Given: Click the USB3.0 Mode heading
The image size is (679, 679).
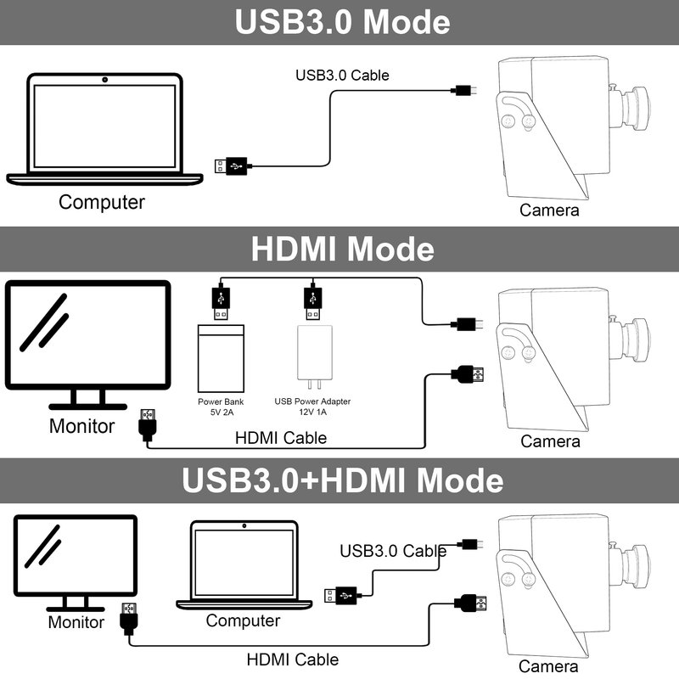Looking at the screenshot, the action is click(x=342, y=22).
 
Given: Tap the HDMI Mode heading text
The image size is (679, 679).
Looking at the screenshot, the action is click(x=342, y=249).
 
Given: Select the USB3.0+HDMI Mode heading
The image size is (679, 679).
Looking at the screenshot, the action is click(x=342, y=480).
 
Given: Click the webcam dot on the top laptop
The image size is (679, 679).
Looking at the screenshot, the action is click(x=104, y=80).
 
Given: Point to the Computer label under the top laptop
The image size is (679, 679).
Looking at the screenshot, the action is click(x=102, y=202).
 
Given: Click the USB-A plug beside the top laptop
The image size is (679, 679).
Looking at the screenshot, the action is click(x=231, y=166).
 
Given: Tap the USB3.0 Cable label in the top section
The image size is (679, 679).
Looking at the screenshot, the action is click(x=342, y=76).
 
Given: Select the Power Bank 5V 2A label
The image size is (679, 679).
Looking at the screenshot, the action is click(x=221, y=407).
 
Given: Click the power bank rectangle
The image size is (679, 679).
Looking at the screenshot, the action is click(x=221, y=358).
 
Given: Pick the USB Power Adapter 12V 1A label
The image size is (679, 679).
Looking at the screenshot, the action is click(x=312, y=407).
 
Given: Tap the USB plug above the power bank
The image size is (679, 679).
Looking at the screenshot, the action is click(x=221, y=302).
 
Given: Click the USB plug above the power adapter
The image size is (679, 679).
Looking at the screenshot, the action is click(x=312, y=302).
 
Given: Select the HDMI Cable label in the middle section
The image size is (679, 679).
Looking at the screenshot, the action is click(x=281, y=438).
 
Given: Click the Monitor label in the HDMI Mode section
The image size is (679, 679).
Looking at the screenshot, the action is click(x=81, y=426).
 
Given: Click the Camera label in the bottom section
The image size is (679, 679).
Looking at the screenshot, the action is click(x=548, y=666).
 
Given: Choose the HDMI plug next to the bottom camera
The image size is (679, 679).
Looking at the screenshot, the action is click(x=470, y=603).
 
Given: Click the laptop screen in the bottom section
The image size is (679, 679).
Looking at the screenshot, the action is click(x=244, y=562).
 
